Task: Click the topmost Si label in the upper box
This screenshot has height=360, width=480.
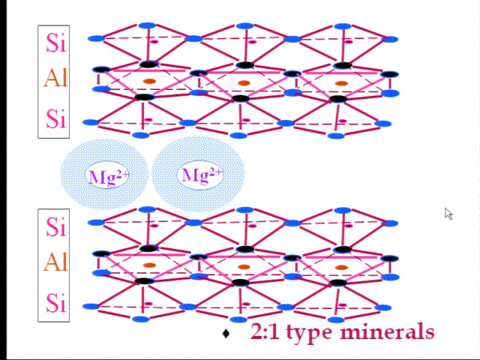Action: click(x=55, y=43)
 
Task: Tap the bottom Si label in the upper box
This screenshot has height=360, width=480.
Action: click(x=55, y=118)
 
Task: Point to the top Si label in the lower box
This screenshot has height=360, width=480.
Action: click(x=55, y=226)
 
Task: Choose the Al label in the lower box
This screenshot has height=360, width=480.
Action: click(x=55, y=262)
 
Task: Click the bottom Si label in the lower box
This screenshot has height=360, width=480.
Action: click(x=55, y=302)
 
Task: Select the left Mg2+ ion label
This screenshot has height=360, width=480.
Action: click(x=109, y=177)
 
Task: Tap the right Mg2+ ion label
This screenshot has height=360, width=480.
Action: click(x=202, y=175)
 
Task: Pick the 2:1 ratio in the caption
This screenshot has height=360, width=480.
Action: click(x=265, y=331)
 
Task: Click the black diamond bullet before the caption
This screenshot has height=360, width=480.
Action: click(x=226, y=333)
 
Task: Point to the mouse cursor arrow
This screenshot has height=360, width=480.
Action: click(x=448, y=214)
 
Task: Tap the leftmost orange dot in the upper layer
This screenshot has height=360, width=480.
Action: click(x=150, y=82)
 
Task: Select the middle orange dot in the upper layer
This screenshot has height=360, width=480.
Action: click(x=244, y=83)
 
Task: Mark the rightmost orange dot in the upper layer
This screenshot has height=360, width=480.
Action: click(x=341, y=83)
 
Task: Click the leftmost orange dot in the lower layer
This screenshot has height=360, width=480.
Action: click(x=150, y=265)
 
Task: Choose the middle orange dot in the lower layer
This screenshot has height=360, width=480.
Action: click(x=244, y=267)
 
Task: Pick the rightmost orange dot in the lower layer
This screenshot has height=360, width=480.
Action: click(x=341, y=268)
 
